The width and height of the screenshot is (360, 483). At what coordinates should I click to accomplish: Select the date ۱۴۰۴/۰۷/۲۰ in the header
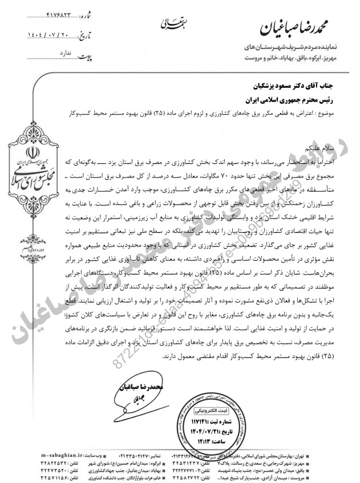pos(52,35)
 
